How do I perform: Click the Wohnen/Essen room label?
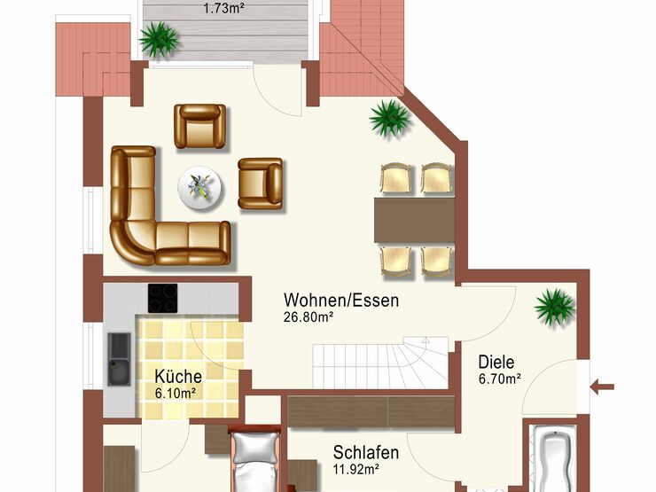pyautogui.click(x=341, y=301)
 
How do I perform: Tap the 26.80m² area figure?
pyautogui.click(x=308, y=317)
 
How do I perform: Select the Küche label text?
pyautogui.click(x=178, y=376)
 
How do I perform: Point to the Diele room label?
pyautogui.click(x=496, y=362)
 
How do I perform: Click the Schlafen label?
pyautogui.click(x=365, y=453)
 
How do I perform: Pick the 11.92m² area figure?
pyautogui.click(x=356, y=470)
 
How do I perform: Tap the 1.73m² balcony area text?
pyautogui.click(x=223, y=8)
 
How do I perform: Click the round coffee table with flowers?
pyautogui.click(x=199, y=187)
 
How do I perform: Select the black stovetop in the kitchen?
pyautogui.click(x=163, y=298)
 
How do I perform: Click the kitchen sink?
pyautogui.click(x=120, y=359)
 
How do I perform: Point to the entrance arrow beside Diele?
pyautogui.click(x=602, y=387)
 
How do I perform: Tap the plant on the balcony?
pyautogui.click(x=159, y=39)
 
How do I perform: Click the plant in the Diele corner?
pyautogui.click(x=554, y=308)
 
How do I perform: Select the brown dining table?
pyautogui.click(x=415, y=221)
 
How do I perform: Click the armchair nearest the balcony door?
pyautogui.click(x=200, y=127)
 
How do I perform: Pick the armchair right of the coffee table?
pyautogui.click(x=261, y=184)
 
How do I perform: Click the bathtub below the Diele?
pyautogui.click(x=553, y=458)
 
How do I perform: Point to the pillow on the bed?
pyautogui.click(x=255, y=448)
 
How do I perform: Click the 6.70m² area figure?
pyautogui.click(x=499, y=379)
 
